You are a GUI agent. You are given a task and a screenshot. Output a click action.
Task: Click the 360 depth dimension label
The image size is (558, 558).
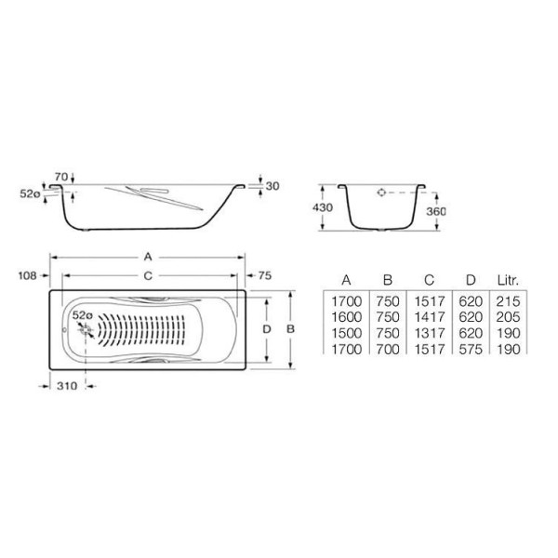(x=436, y=211)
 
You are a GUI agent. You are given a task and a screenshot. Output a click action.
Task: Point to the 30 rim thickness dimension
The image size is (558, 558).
(x=272, y=185)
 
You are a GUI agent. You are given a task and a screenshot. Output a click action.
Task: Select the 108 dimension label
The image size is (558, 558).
(x=27, y=275)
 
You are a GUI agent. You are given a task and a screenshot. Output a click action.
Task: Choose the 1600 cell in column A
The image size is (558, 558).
(x=346, y=317)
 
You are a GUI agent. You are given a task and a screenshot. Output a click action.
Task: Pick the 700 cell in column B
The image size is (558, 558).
(x=387, y=348)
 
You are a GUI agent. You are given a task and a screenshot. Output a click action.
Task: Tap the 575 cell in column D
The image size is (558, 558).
(x=468, y=348)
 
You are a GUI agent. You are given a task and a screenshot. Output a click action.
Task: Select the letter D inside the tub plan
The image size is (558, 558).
(x=266, y=329)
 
